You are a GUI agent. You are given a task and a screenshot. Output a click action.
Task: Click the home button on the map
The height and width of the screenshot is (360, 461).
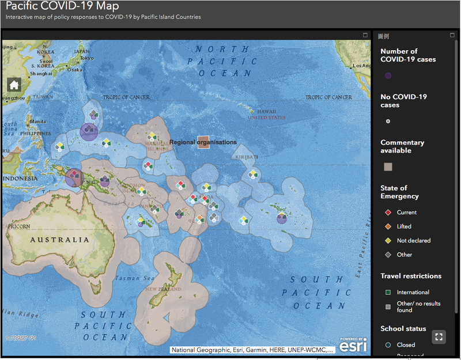(x=14, y=85)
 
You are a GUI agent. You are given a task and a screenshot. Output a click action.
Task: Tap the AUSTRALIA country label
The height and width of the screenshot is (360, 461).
(x=60, y=240)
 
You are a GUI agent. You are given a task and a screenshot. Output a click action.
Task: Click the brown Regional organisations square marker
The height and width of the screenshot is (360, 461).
(x=203, y=142)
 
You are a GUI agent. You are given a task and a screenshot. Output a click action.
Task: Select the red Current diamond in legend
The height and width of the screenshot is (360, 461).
(x=388, y=213)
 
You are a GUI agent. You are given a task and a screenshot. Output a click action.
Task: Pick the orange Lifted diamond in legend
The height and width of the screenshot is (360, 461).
(x=388, y=226)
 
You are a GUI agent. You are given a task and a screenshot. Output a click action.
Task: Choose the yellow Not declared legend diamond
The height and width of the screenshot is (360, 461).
(x=388, y=241)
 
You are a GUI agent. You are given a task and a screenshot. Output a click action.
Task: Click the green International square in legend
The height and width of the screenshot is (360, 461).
(x=388, y=293)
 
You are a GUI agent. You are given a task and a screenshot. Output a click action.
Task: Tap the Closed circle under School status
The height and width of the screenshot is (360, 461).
(x=388, y=345)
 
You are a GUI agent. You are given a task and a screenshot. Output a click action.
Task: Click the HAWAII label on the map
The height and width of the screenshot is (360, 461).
(x=266, y=112)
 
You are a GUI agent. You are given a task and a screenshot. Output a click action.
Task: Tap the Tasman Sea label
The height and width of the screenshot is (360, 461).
(x=134, y=278)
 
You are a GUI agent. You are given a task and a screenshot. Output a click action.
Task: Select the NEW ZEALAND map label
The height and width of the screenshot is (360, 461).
(x=163, y=289)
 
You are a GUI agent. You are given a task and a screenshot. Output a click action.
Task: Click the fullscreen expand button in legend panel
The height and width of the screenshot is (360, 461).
(x=439, y=337)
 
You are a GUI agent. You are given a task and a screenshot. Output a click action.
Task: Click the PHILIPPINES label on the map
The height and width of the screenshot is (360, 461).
(x=20, y=133)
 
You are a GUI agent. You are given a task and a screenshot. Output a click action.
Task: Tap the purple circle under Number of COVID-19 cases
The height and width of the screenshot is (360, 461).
(x=388, y=75)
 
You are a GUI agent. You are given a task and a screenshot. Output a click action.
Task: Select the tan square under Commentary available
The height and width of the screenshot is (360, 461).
(x=388, y=167)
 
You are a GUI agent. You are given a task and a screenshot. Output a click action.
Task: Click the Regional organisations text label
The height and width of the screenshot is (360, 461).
(x=203, y=142)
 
